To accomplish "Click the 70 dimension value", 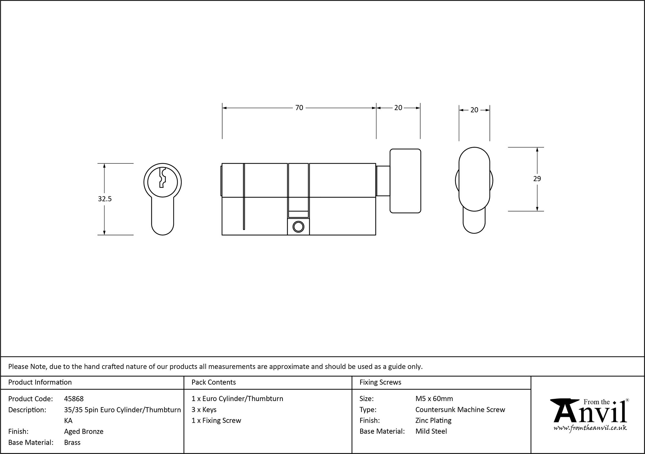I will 299,108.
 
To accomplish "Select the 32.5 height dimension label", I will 104,199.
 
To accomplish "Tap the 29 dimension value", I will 537,179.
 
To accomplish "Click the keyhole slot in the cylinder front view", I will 162,178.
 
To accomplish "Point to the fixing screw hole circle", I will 298,227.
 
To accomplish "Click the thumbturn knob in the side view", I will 405,181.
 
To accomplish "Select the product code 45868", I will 74,399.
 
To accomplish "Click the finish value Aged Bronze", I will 84,431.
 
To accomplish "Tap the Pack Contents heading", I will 213,382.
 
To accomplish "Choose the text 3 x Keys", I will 204,410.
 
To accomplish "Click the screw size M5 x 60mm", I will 434,399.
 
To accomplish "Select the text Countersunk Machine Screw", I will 460,410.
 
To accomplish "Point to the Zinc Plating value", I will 433,420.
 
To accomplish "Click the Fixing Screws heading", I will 380,382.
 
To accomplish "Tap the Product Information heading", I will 40,382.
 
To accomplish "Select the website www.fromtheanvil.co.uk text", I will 590,428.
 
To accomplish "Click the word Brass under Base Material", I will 72,442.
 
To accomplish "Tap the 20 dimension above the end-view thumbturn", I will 474,110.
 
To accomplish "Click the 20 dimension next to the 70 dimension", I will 398,108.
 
